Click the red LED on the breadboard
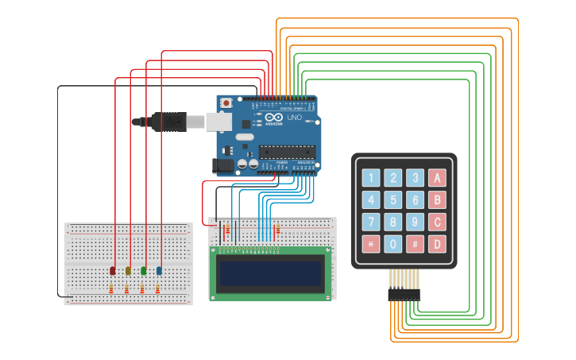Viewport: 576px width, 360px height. tap(112, 271)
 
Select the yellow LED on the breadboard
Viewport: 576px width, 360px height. tap(128, 271)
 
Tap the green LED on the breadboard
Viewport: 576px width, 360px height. tap(144, 271)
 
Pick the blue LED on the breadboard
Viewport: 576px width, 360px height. tap(160, 271)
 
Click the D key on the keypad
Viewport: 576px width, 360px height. tap(436, 244)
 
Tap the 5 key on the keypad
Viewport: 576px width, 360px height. tap(392, 200)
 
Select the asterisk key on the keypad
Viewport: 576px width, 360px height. tap(370, 244)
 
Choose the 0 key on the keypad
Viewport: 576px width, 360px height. tap(392, 244)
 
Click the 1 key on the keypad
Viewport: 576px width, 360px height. tap(370, 178)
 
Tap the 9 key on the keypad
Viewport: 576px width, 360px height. tap(414, 223)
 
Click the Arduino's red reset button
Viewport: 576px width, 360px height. tap(227, 103)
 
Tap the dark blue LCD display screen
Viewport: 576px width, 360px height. tap(271, 274)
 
